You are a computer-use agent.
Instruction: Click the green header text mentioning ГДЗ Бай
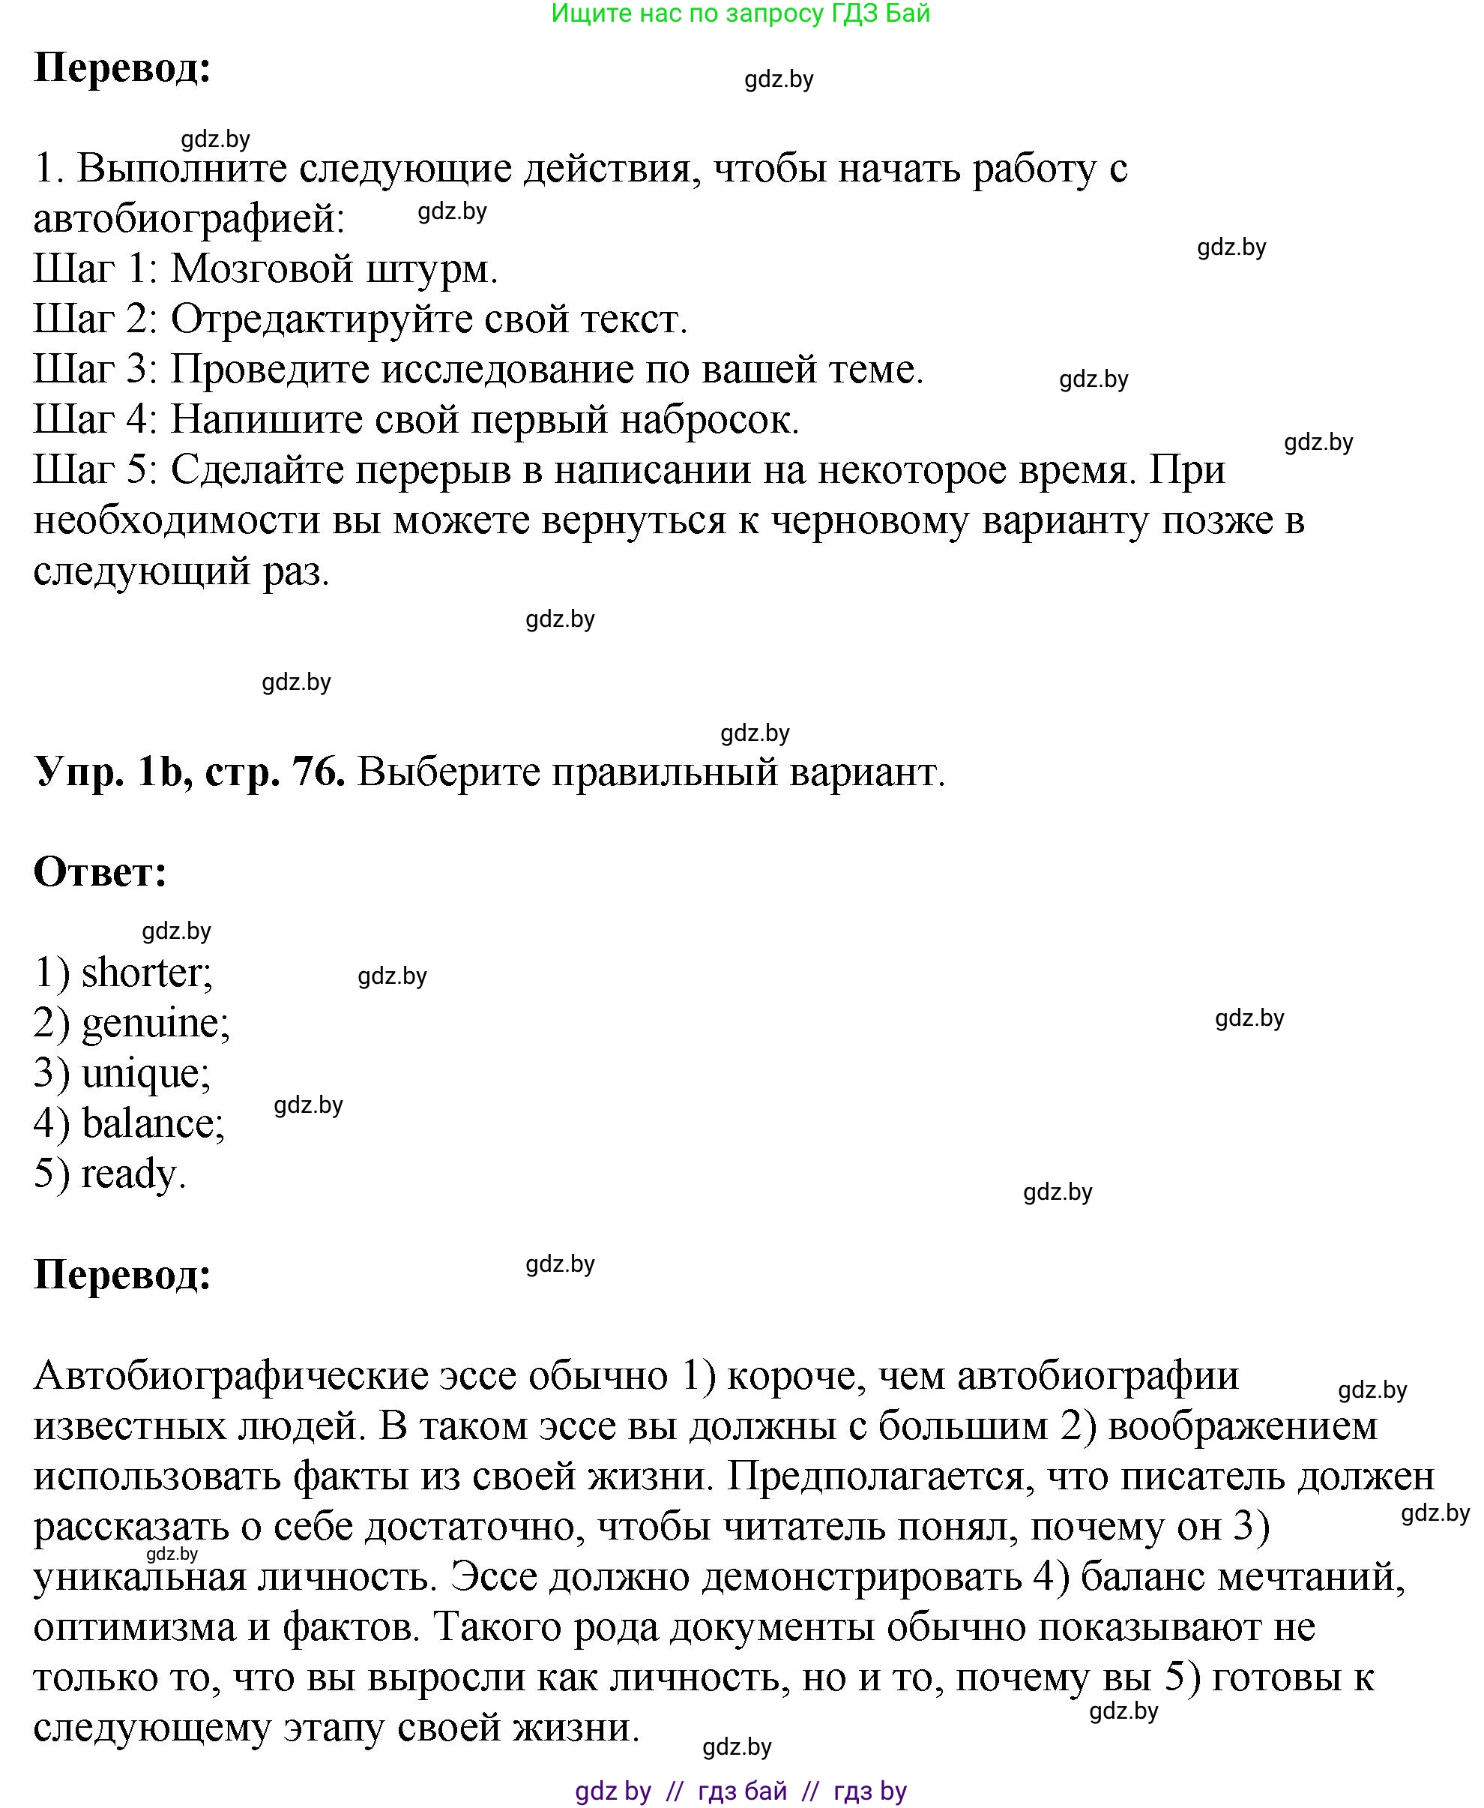(x=741, y=13)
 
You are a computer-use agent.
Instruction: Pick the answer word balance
(x=152, y=1123)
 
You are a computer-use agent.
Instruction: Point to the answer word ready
(x=132, y=1174)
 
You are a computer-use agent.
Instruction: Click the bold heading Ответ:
(x=100, y=872)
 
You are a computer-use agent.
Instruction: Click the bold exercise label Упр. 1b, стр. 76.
(x=189, y=772)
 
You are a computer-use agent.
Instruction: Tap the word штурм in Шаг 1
(x=432, y=269)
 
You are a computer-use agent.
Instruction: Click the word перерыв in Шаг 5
(x=432, y=470)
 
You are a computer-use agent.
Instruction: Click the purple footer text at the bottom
(x=741, y=1791)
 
